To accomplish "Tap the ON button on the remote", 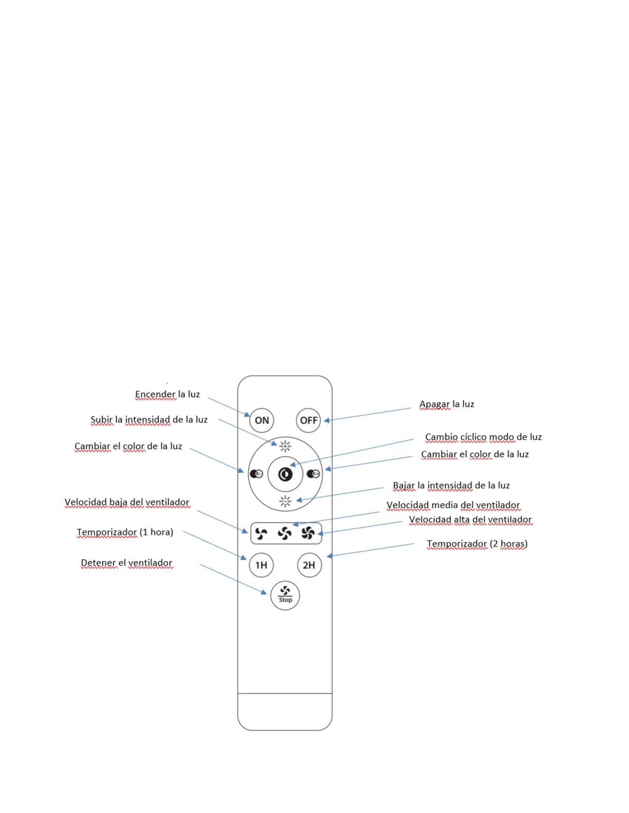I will (262, 420).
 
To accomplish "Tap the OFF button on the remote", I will (308, 420).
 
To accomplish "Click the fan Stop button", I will (285, 595).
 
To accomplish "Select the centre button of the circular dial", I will (285, 474).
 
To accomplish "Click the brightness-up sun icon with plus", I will (285, 446).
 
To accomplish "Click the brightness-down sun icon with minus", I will (285, 501).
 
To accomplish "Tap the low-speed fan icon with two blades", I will (261, 534).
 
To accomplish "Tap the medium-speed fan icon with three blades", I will (284, 534).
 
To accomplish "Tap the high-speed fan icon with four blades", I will (308, 534).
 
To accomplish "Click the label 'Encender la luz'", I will (167, 394).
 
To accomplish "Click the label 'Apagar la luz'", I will (447, 404).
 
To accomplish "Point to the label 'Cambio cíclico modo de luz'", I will (483, 437).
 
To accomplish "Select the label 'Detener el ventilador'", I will (126, 563).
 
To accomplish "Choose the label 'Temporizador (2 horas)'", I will (477, 544).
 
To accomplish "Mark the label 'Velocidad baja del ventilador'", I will (127, 502).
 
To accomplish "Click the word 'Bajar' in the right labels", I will (403, 485).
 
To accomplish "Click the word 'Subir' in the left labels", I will (101, 419).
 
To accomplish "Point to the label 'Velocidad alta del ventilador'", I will (470, 519).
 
